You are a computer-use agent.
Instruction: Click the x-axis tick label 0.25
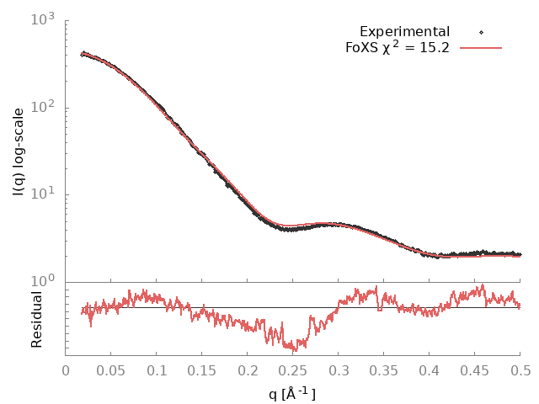click(x=293, y=370)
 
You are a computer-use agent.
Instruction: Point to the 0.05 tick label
click(x=111, y=370)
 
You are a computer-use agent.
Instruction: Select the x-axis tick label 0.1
click(x=157, y=370)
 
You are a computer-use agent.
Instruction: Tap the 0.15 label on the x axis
click(x=202, y=370)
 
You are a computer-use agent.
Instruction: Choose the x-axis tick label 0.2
click(x=248, y=370)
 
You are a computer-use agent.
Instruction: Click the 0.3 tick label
click(x=339, y=370)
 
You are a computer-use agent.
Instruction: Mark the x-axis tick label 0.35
click(x=384, y=370)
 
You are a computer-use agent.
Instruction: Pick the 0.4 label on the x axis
click(x=430, y=370)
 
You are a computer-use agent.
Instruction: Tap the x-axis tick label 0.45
click(x=475, y=370)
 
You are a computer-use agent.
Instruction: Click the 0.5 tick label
click(x=520, y=370)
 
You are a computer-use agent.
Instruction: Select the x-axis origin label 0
click(x=67, y=370)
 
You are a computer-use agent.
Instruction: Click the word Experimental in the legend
click(x=404, y=32)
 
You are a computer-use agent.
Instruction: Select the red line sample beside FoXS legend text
click(x=480, y=47)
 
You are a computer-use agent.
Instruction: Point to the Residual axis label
click(x=37, y=319)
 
